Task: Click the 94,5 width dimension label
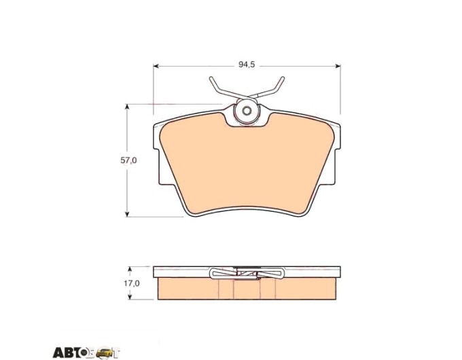[247, 65]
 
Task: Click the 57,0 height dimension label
[128, 160]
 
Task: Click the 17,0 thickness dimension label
[131, 283]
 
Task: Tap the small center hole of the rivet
[247, 111]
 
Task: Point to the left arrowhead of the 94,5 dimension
[156, 66]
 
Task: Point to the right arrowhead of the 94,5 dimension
[338, 66]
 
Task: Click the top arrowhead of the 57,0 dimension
[127, 107]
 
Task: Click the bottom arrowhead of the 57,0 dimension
[127, 214]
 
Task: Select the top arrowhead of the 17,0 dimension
[129, 269]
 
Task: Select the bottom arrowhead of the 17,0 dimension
[129, 297]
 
